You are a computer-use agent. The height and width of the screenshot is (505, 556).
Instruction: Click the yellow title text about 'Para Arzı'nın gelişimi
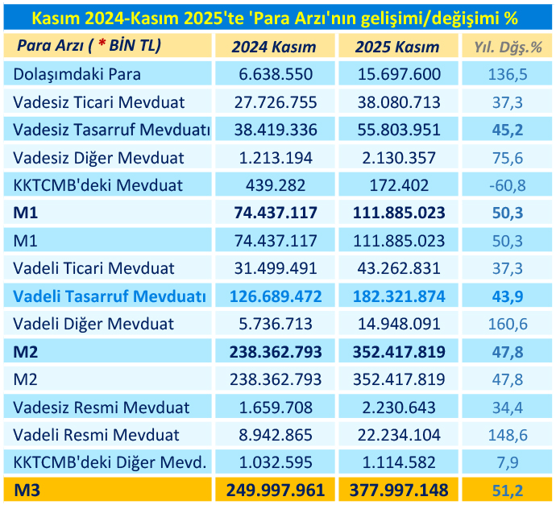[x=278, y=16]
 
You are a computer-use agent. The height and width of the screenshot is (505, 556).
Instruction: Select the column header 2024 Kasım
[x=274, y=47]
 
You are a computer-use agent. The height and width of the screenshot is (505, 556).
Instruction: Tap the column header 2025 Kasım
[x=397, y=47]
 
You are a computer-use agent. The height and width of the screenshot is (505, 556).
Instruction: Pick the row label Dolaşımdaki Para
[x=77, y=75]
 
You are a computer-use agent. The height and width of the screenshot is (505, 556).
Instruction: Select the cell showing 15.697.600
[x=397, y=75]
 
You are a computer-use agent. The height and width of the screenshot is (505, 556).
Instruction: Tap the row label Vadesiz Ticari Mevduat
[x=99, y=102]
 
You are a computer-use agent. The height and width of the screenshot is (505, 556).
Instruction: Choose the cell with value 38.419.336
[x=274, y=130]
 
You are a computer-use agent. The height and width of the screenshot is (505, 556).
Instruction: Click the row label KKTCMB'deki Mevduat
[x=98, y=185]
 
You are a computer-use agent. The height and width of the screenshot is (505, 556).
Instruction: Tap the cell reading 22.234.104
[x=397, y=435]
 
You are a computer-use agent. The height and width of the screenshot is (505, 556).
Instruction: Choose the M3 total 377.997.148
[x=397, y=490]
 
